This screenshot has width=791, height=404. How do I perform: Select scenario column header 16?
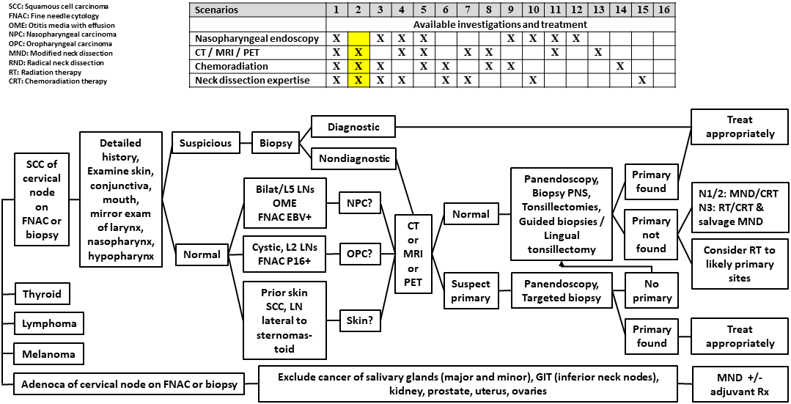click(663, 10)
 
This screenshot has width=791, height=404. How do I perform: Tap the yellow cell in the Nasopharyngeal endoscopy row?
click(358, 38)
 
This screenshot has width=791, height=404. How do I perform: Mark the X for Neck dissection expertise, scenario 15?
click(641, 80)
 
